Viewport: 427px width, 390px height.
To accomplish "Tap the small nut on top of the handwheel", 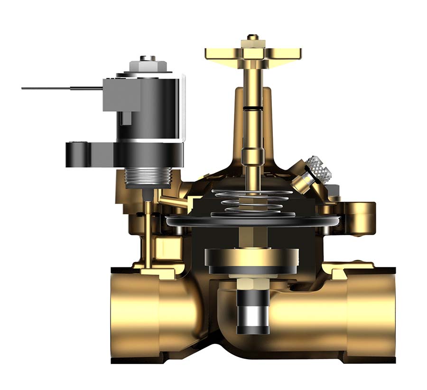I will click(253, 37).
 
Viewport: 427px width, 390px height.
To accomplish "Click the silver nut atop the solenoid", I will click(148, 61).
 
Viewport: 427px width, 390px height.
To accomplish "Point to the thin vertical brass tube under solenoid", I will click(148, 233).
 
